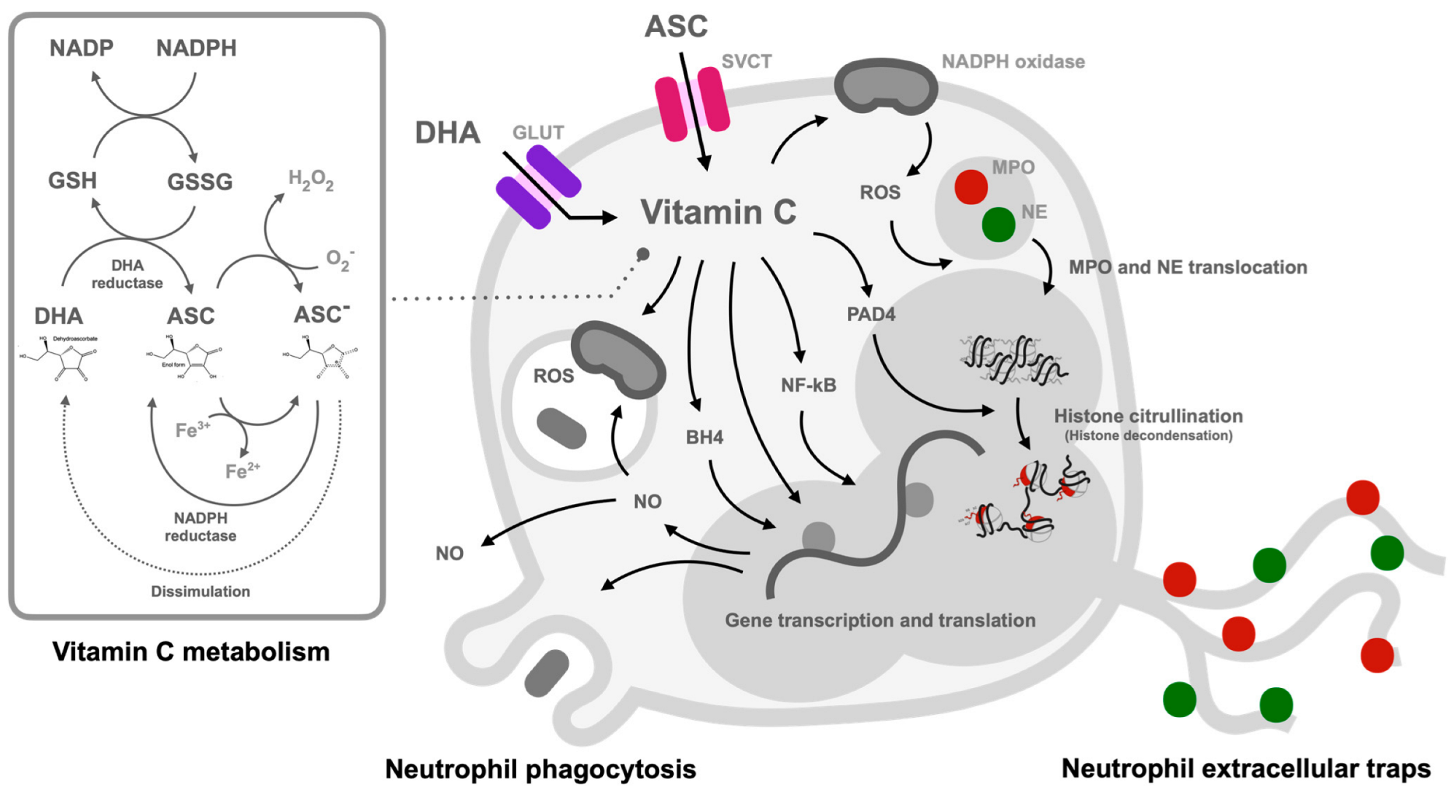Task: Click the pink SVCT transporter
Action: pyautogui.click(x=691, y=104)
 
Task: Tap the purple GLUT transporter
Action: pyautogui.click(x=538, y=187)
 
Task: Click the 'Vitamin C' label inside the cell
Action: pyautogui.click(x=718, y=212)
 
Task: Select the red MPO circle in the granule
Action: pyautogui.click(x=970, y=187)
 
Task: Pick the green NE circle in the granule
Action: pyautogui.click(x=998, y=224)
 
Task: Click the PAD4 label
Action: pyautogui.click(x=871, y=314)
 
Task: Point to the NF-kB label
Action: pyautogui.click(x=808, y=385)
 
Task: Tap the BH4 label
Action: pyautogui.click(x=704, y=437)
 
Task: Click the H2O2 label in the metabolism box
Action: pyautogui.click(x=311, y=179)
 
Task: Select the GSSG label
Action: pyautogui.click(x=200, y=182)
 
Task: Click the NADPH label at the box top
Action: pyautogui.click(x=196, y=48)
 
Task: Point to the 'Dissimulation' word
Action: pyautogui.click(x=201, y=592)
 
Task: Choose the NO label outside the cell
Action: pyautogui.click(x=449, y=554)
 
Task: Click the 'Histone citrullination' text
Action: pyautogui.click(x=1148, y=417)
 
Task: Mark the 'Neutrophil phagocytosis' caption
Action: pyautogui.click(x=540, y=769)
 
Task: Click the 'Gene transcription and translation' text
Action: pyautogui.click(x=879, y=620)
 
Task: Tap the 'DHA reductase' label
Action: pyautogui.click(x=128, y=274)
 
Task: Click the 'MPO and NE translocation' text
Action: pyautogui.click(x=1187, y=267)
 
